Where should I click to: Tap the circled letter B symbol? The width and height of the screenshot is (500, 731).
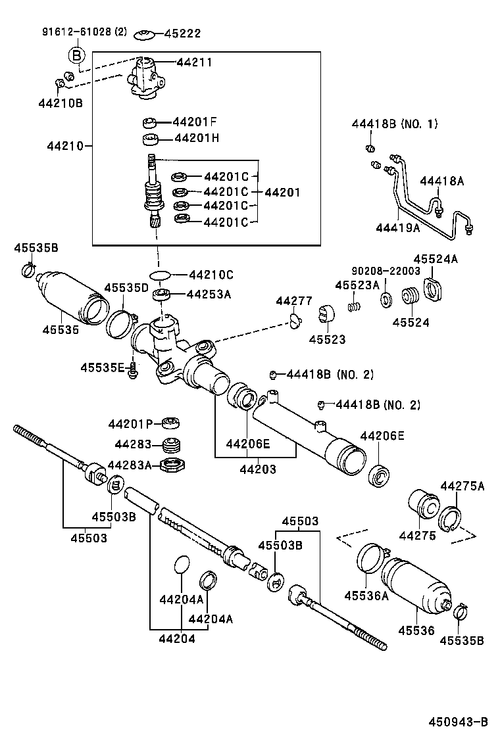click(x=77, y=55)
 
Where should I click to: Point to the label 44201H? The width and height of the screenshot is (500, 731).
click(x=196, y=139)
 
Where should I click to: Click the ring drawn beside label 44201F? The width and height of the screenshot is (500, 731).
click(x=151, y=122)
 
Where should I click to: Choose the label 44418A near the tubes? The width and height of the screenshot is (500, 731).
click(x=441, y=181)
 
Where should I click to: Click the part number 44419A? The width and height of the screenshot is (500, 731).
click(x=397, y=227)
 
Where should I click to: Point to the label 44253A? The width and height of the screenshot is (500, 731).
click(x=209, y=295)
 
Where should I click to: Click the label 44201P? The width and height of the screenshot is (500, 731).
click(x=130, y=424)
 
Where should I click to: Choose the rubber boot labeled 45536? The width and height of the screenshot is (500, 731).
click(x=414, y=582)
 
